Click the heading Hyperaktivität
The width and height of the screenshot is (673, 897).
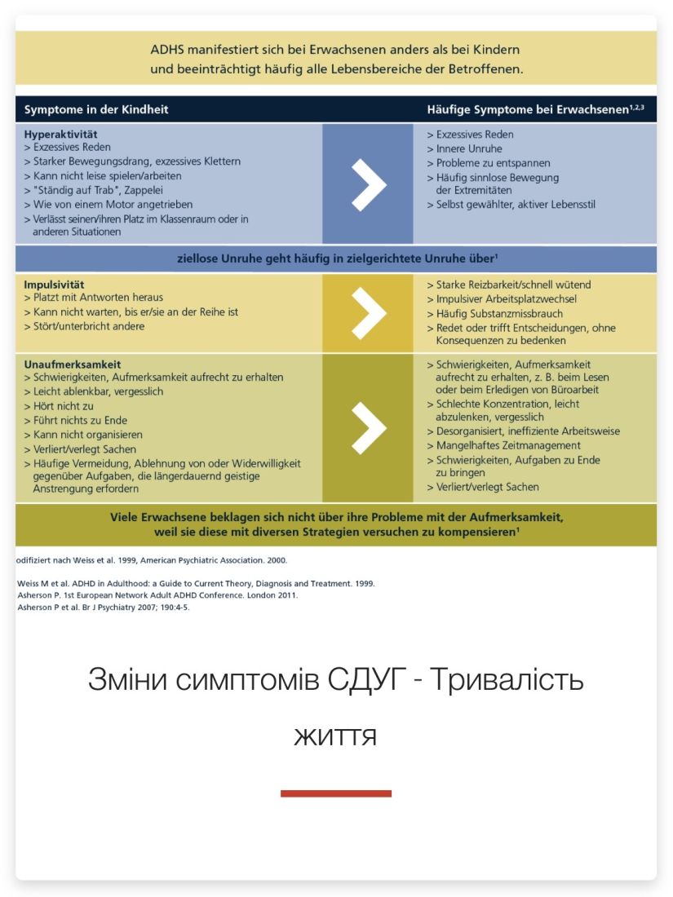60,134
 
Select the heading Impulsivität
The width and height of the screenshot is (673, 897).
54,285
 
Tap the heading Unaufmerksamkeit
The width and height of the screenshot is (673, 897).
73,365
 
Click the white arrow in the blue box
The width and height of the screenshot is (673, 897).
368,184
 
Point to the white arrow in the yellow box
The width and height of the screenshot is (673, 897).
368,313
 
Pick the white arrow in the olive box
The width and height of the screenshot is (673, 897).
368,427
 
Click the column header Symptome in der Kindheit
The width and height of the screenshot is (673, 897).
96,109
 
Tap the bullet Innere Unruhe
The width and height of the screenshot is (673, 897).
469,149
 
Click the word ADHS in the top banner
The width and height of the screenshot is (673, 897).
168,51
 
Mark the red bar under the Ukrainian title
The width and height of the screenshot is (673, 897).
336,793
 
